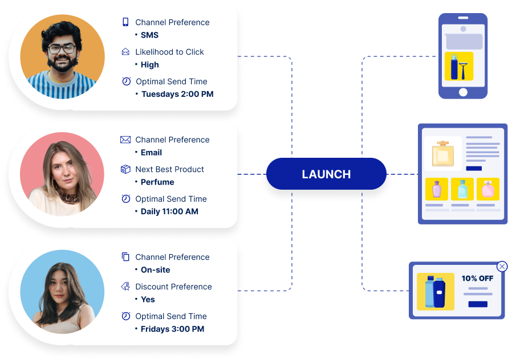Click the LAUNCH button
326,174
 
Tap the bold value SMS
149,35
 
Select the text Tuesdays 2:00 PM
177,94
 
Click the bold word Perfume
157,182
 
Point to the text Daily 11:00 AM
169,211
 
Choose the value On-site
155,269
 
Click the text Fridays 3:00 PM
172,329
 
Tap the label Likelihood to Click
169,52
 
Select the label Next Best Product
169,169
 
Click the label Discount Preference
173,287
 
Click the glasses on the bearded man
61,48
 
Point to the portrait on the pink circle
62,174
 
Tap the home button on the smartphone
463,92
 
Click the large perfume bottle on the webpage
442,153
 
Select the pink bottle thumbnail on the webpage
487,189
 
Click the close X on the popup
502,266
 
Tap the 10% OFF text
477,279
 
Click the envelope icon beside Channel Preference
125,140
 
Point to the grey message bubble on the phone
464,42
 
